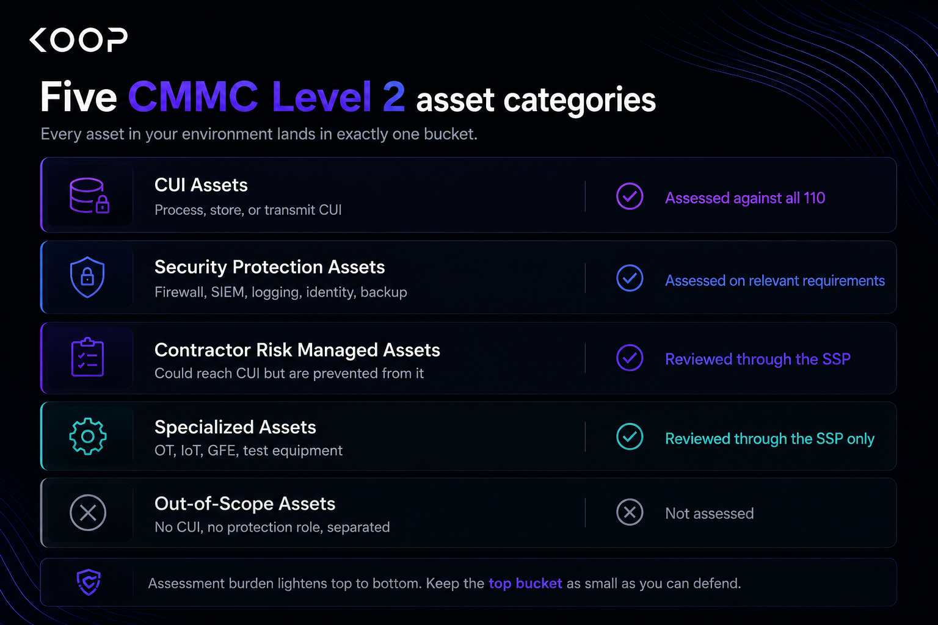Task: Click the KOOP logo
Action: coord(78,40)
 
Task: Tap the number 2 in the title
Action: coord(394,96)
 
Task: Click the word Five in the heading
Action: coord(79,96)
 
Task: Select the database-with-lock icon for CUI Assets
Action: coord(89,195)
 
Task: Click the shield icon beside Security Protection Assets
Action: coord(87,276)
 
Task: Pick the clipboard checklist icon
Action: coord(87,357)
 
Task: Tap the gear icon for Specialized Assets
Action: coord(87,436)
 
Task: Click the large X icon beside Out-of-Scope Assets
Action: coord(88,513)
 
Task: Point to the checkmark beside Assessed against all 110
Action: coord(630,196)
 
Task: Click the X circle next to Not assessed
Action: coord(630,512)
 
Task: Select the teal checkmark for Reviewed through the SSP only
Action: coord(630,436)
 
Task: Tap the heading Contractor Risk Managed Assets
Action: coord(297,350)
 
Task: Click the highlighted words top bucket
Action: coord(525,583)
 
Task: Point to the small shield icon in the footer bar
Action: coord(89,582)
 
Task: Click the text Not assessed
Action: coord(710,513)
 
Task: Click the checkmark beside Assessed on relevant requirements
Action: coord(630,278)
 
